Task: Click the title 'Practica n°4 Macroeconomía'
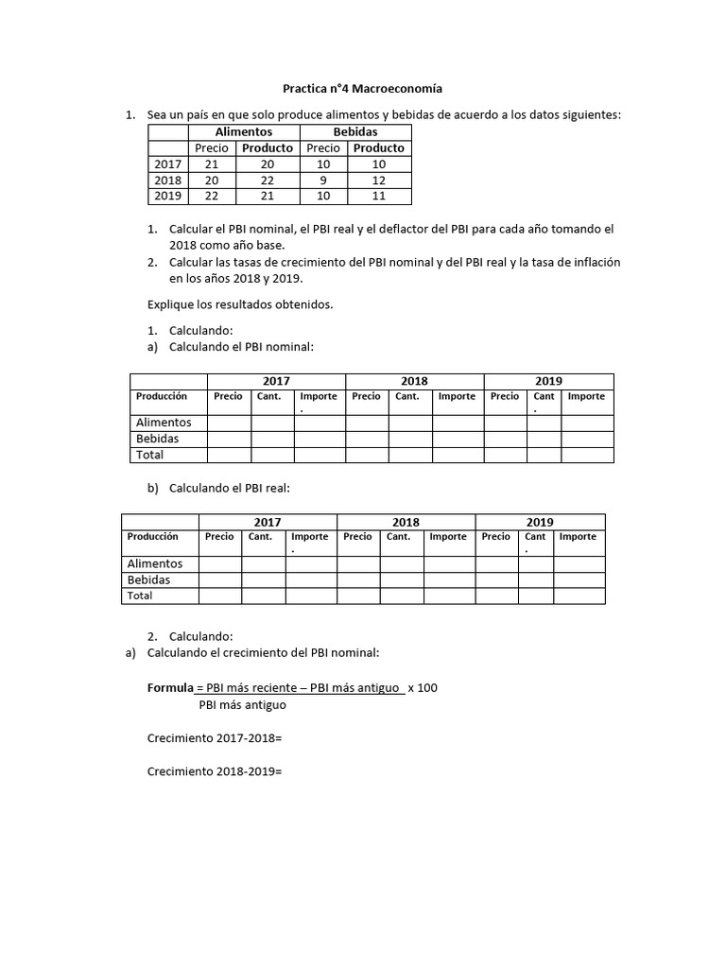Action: point(363,89)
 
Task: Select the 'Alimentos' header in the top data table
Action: point(243,132)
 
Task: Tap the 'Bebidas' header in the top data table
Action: point(354,132)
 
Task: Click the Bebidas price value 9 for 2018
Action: point(323,180)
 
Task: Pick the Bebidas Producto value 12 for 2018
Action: point(379,180)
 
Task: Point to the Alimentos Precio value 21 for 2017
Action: point(212,164)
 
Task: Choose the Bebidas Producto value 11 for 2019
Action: point(379,196)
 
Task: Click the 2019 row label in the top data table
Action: point(167,196)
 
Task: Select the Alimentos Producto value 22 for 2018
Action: point(268,180)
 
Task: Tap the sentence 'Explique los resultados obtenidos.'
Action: point(240,304)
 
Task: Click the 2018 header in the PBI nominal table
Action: point(414,381)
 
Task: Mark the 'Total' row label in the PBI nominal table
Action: point(149,455)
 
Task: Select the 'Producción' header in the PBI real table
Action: point(152,536)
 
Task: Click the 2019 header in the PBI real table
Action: point(540,522)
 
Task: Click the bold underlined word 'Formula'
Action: point(170,687)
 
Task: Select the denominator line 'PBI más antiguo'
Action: point(242,705)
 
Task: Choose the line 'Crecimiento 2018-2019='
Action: point(215,771)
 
